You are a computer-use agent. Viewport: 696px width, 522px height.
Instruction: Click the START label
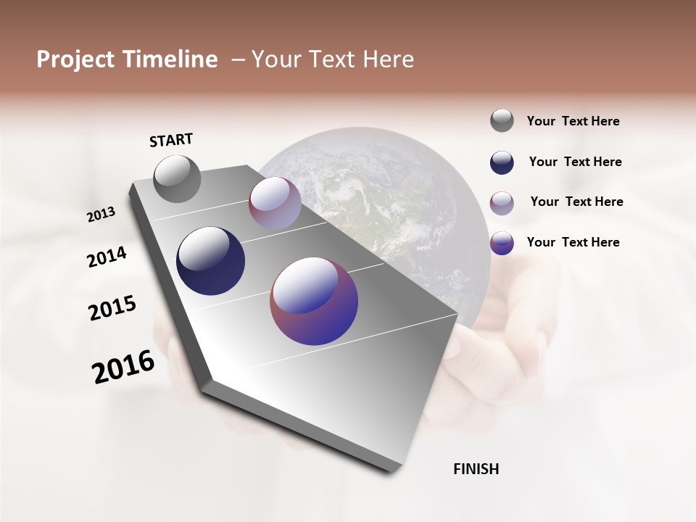click(x=171, y=140)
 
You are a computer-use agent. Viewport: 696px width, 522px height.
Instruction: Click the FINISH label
click(x=476, y=469)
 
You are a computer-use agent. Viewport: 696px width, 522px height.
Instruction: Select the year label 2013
click(x=101, y=215)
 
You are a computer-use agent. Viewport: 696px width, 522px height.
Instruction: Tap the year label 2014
click(x=107, y=257)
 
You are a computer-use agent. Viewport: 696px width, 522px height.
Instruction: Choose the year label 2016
click(x=123, y=367)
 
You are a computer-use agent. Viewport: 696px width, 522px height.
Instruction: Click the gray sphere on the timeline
click(x=178, y=178)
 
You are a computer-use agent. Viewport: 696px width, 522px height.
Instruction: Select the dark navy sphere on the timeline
click(x=210, y=261)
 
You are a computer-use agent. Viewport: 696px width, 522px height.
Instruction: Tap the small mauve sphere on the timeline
click(x=275, y=203)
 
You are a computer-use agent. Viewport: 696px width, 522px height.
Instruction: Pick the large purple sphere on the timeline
click(x=314, y=301)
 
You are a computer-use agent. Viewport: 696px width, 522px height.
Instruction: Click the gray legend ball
click(x=502, y=120)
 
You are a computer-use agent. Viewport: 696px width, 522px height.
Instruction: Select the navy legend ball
click(x=502, y=162)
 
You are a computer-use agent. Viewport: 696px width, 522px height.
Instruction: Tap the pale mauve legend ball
click(x=502, y=203)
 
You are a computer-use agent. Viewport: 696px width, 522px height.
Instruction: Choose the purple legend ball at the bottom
click(x=502, y=243)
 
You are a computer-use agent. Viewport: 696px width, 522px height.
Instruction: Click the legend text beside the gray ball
click(x=573, y=121)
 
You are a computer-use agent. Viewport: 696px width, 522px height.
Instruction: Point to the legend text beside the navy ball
click(x=575, y=162)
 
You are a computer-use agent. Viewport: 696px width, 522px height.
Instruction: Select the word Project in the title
click(x=75, y=59)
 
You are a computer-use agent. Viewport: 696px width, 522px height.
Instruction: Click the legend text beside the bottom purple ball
click(x=573, y=242)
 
